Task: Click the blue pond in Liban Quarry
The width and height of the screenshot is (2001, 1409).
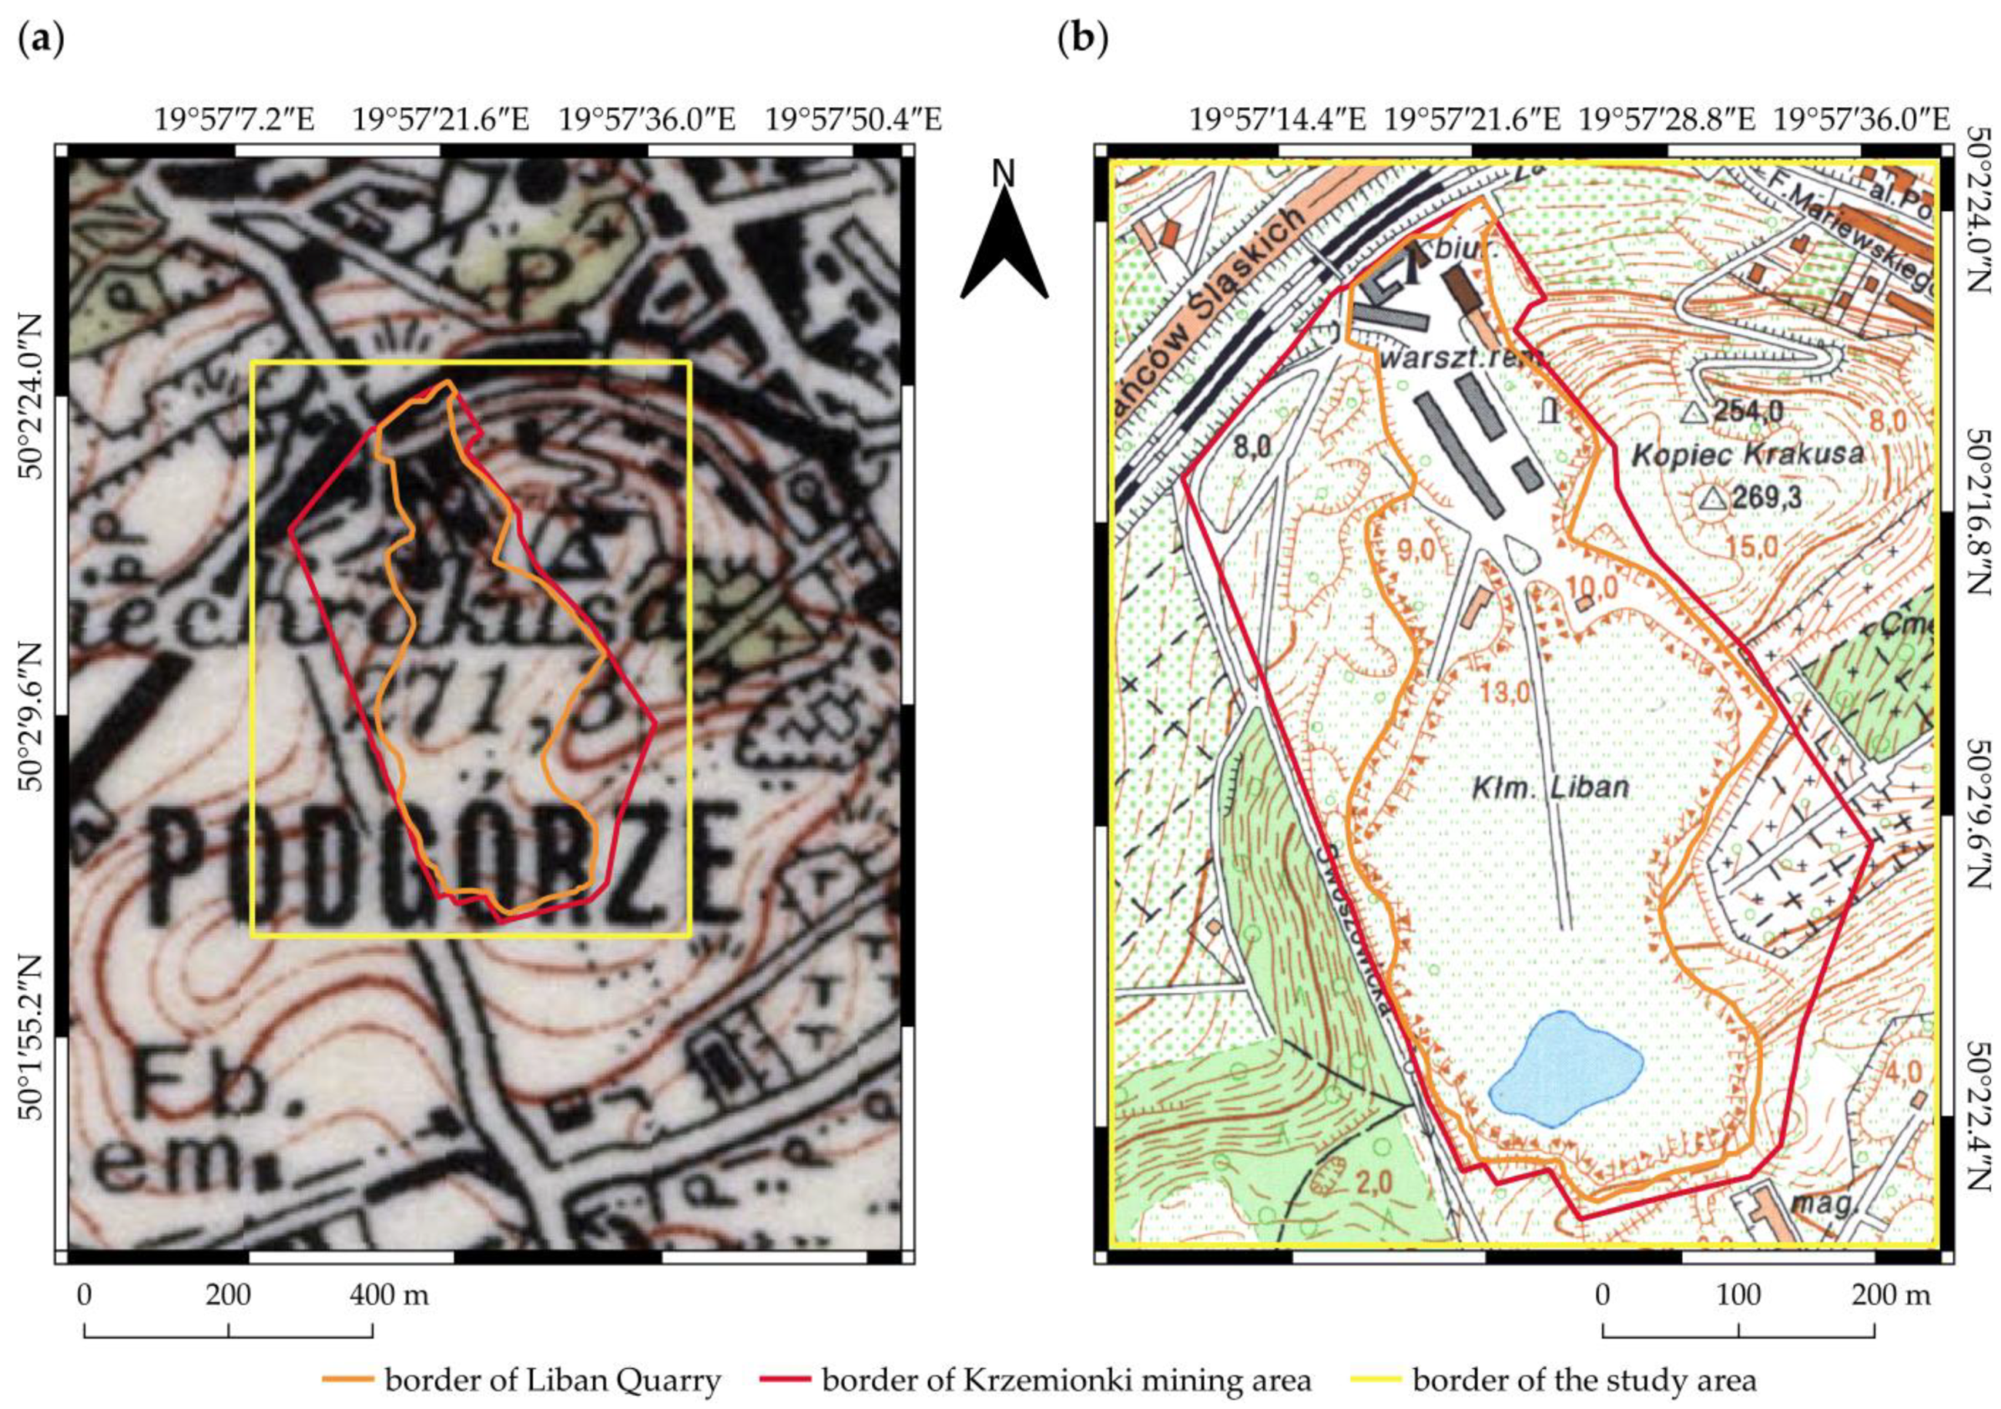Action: [1565, 1069]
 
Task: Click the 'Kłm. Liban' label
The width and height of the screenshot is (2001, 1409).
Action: [1550, 787]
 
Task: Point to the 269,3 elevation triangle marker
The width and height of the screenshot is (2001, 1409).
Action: [1713, 498]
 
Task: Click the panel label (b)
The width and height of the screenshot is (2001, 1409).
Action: [1082, 41]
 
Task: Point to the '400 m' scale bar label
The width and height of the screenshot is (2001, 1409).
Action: [389, 1295]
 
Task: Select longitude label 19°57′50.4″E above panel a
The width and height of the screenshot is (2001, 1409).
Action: [854, 118]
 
